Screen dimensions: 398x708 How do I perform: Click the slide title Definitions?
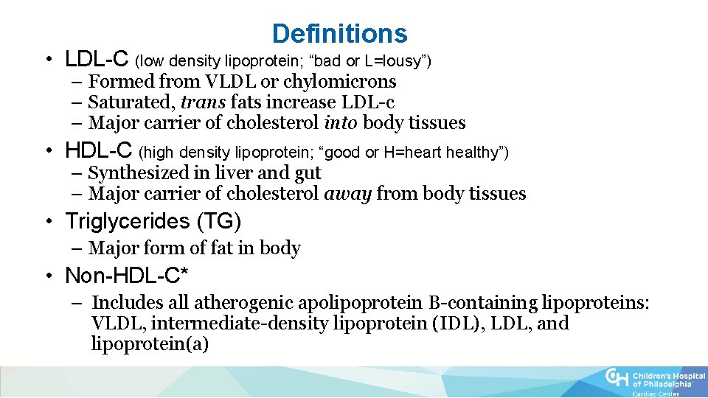pyautogui.click(x=339, y=34)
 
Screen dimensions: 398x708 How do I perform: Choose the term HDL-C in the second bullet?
pyautogui.click(x=99, y=152)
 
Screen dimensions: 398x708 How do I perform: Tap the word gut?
pyautogui.click(x=308, y=174)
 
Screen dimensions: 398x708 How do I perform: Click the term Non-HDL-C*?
pyautogui.click(x=127, y=276)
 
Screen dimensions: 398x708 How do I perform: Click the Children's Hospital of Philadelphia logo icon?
pyautogui.click(x=617, y=377)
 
